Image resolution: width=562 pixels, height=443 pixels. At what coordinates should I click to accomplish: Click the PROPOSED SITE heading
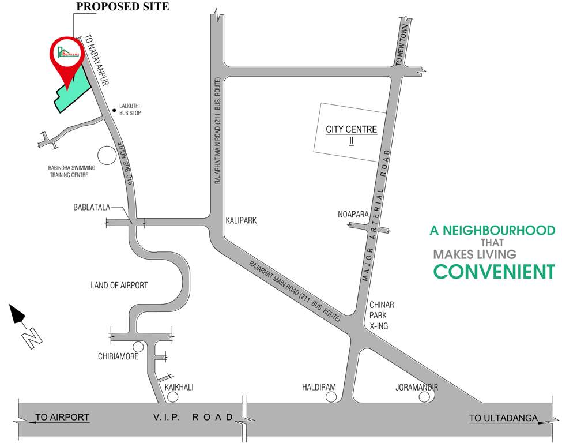click(122, 7)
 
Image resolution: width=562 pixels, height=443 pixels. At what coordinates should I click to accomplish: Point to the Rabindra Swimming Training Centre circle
click(107, 155)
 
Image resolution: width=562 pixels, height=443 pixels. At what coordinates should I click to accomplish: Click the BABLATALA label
click(91, 207)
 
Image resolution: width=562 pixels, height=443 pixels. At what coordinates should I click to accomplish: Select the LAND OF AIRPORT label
click(119, 286)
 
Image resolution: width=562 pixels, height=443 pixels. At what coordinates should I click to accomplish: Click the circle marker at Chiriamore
click(138, 347)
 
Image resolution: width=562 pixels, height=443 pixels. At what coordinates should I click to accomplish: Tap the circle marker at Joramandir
click(424, 397)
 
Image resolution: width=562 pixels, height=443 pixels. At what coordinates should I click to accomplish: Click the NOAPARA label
click(353, 215)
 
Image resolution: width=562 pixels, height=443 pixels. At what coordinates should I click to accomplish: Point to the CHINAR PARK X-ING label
click(381, 315)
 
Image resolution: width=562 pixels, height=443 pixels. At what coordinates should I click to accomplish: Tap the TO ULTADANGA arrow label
click(503, 418)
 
